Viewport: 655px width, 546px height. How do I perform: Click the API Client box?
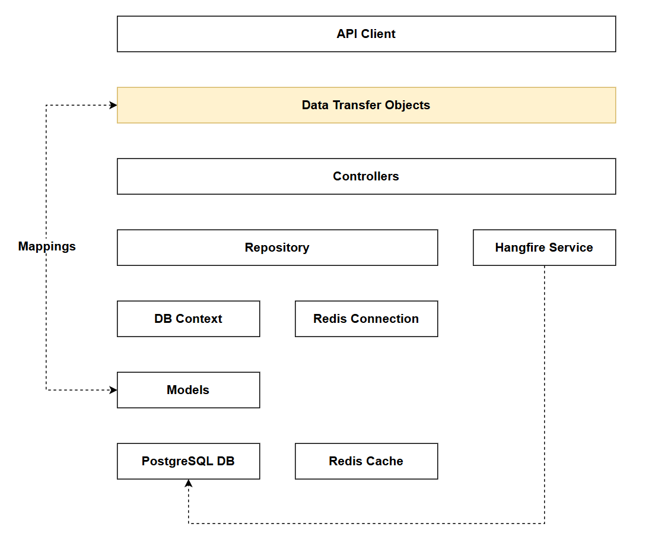pos(366,34)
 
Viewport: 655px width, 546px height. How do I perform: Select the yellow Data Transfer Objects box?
pos(366,105)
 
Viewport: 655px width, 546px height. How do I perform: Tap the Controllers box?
pos(366,176)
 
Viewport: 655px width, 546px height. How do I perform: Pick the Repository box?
pos(277,247)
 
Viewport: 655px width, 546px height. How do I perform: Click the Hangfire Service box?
pos(544,247)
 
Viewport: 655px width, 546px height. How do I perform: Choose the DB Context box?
pos(188,319)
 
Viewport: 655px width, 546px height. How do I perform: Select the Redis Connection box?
pos(366,319)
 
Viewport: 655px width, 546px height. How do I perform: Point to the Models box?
pos(188,390)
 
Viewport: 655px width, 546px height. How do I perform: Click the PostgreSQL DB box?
pos(188,461)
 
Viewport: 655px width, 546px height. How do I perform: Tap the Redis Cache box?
pos(366,461)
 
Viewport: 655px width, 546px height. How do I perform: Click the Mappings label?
pos(47,246)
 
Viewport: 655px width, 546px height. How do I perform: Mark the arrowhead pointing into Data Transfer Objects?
pos(113,105)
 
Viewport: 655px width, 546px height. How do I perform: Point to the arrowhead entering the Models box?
pos(113,390)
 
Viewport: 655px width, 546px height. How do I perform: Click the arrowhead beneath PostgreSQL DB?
pos(189,484)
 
